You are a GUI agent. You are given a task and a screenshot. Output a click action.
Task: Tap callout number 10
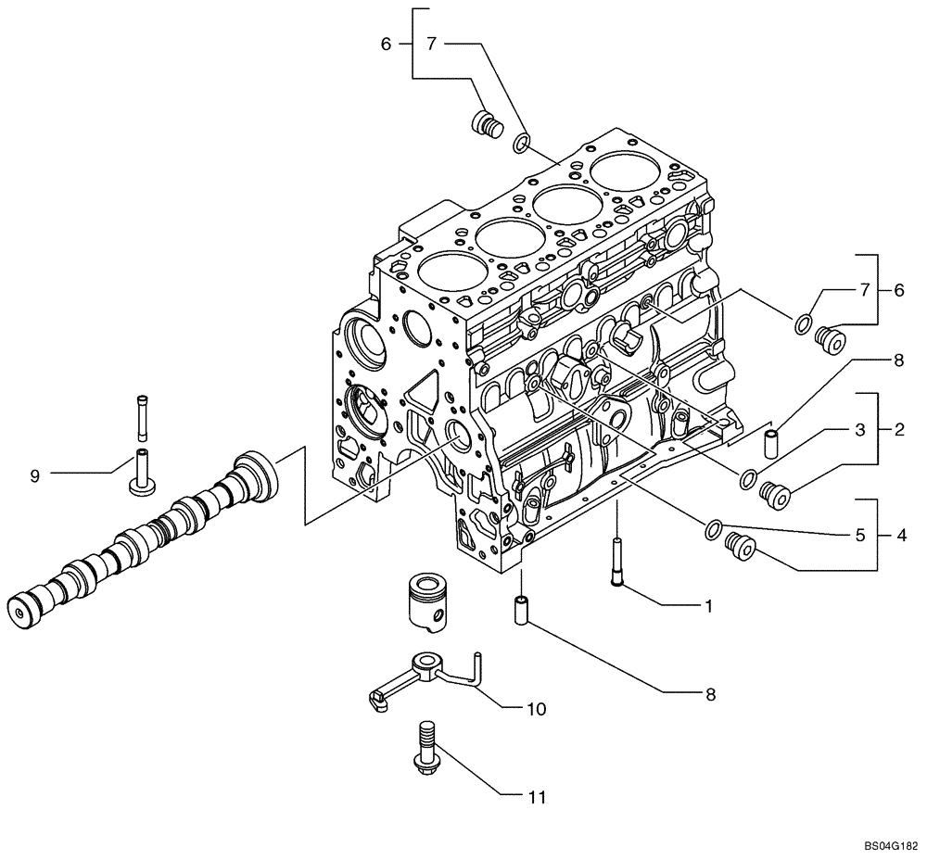tap(536, 710)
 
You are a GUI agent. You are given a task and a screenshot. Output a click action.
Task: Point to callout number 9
tap(34, 475)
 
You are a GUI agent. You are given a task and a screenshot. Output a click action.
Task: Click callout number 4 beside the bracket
tap(899, 535)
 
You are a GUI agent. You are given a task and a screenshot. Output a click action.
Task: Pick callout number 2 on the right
tap(899, 430)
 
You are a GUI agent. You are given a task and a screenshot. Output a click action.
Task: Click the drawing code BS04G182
tap(890, 847)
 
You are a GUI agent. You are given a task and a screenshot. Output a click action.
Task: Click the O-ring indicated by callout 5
tap(713, 529)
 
